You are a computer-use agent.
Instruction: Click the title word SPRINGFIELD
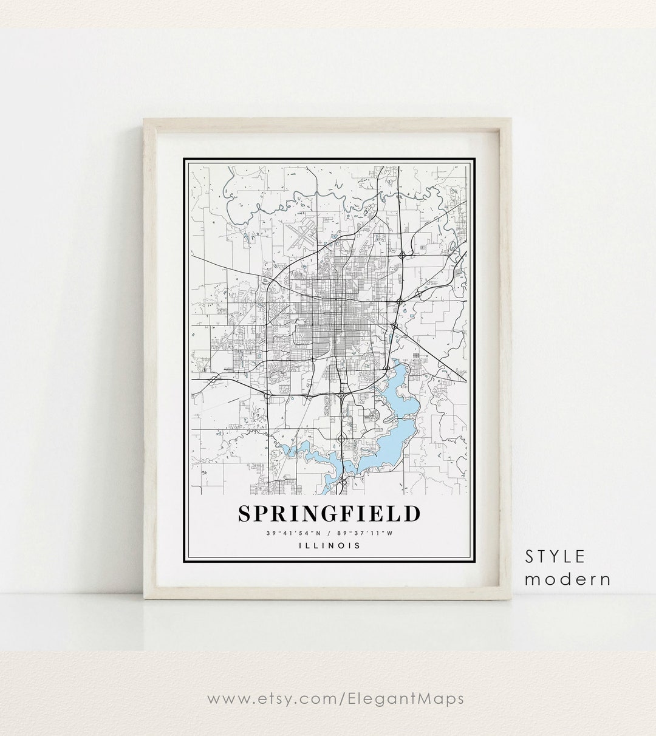329,513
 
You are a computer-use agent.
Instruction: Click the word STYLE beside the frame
555,556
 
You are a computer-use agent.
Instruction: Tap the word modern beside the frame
567,579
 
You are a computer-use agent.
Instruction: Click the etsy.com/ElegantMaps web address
336,698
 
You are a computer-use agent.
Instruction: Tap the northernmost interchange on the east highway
402,255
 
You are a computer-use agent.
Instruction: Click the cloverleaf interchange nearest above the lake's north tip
387,367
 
